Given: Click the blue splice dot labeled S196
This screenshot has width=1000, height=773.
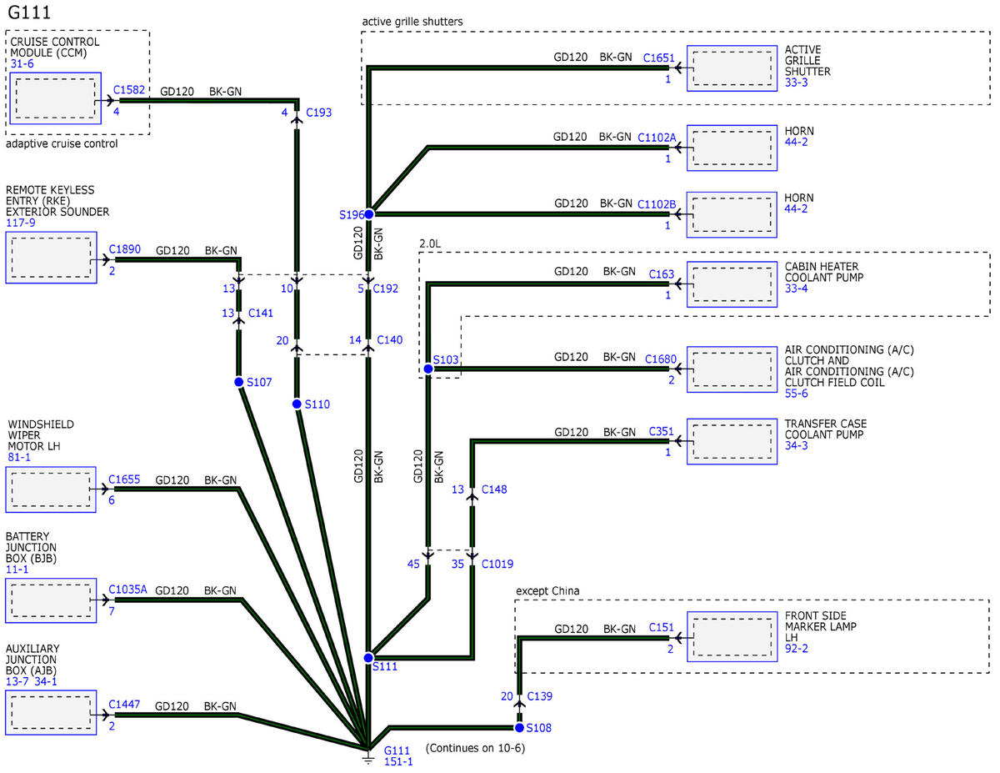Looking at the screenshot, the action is pos(368,214).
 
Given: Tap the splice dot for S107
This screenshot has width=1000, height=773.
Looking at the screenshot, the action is pos(238,382).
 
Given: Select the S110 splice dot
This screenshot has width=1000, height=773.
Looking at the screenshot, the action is pos(297,404).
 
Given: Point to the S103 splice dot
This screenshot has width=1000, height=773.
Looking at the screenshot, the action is pos(428,369).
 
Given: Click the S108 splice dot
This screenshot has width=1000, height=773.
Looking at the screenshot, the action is pos(519,727).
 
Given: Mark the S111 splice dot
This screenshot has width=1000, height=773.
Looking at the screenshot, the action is pos(368,657).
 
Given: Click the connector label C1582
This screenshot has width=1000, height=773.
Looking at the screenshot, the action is pos(129,90).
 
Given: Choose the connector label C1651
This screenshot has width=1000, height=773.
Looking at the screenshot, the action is pos(658,58).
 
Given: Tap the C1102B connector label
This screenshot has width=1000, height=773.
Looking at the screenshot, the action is pos(657,204).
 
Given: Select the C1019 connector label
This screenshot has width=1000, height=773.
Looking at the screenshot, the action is pos(497,564).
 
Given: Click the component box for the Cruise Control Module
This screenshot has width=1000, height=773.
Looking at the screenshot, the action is pos(55,98).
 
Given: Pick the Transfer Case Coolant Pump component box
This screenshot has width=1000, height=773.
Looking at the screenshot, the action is pos(732,441).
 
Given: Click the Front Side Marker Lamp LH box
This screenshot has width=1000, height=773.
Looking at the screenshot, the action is pos(732,637).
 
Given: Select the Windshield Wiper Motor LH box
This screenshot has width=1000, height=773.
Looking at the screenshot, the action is pos(51,489).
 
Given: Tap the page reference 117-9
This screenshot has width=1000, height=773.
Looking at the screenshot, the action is pos(20,223).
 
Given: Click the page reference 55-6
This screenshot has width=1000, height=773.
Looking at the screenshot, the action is pos(796,394).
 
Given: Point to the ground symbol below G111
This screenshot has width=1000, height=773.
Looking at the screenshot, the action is pos(368,758).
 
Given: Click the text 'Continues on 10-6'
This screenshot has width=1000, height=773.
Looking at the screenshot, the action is pos(475,748).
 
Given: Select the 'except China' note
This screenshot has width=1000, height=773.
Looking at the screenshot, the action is pos(547,590).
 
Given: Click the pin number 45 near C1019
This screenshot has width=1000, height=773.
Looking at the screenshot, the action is pos(413,564).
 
